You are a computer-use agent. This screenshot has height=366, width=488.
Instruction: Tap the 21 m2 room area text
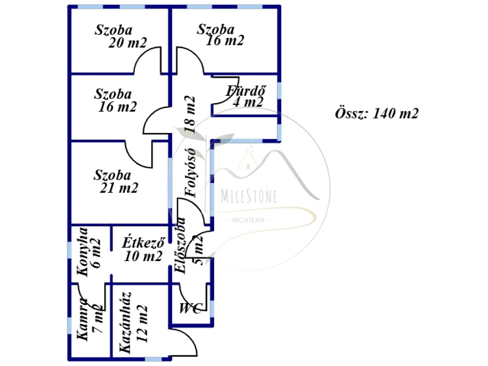[x=119, y=188]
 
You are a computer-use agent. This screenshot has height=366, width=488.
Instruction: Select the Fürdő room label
[x=246, y=91]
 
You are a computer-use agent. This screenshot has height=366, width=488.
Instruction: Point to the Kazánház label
[x=125, y=323]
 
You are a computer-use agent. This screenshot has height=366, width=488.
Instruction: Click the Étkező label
[x=143, y=243]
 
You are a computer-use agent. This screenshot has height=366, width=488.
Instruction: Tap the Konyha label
[x=82, y=252]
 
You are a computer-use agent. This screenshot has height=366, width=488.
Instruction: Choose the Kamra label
[x=82, y=319]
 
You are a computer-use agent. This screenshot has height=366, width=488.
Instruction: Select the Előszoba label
[x=180, y=246]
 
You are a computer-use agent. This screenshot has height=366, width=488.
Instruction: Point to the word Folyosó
[x=190, y=173]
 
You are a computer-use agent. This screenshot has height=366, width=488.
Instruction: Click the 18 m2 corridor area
[x=190, y=114]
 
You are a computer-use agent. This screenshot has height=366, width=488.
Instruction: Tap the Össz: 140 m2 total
[x=376, y=113]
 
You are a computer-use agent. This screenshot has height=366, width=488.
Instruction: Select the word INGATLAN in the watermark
[x=248, y=220]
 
